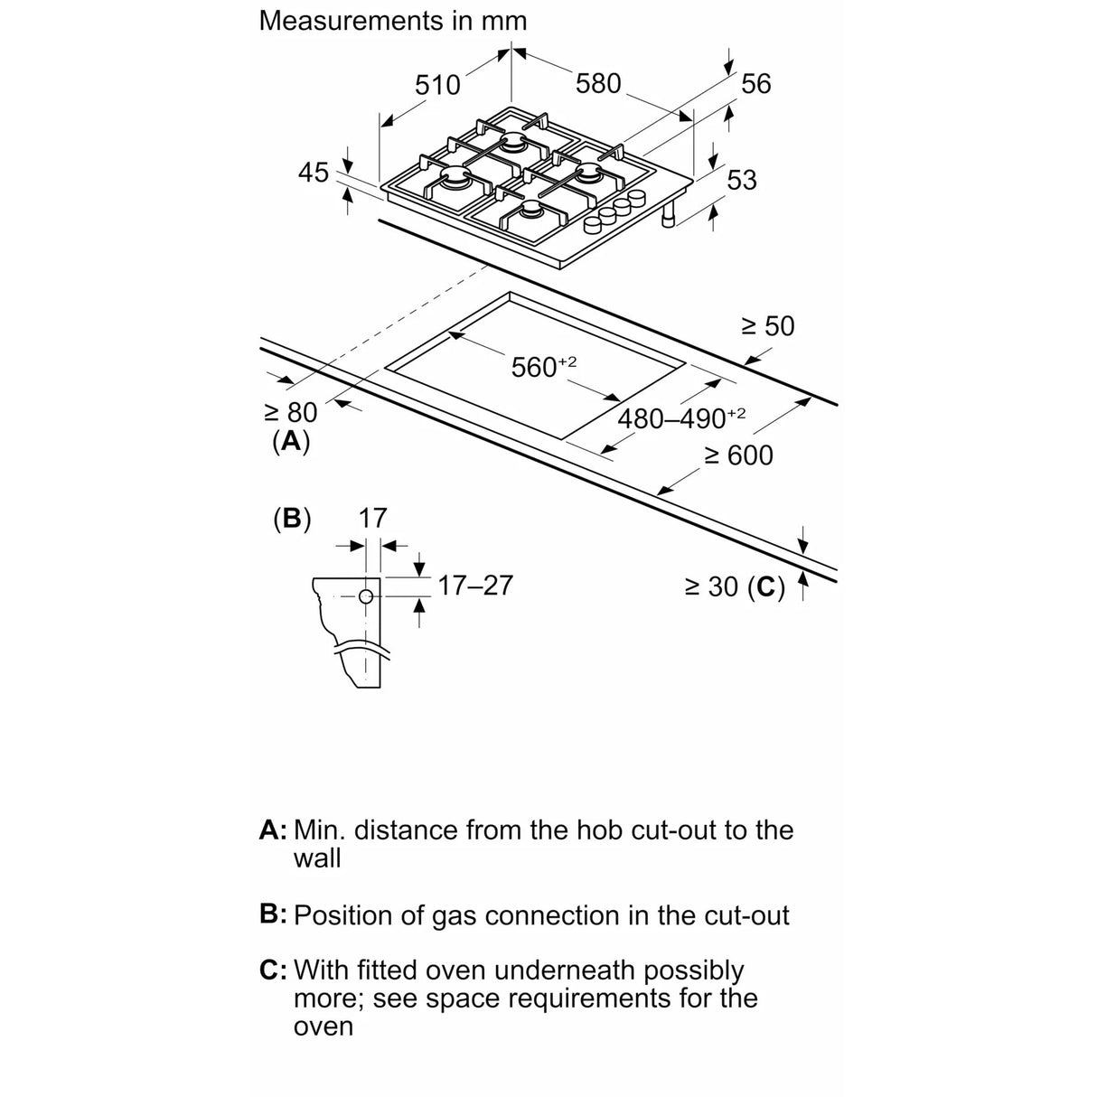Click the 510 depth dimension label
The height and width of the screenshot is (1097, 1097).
click(437, 85)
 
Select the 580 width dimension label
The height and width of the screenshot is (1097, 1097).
click(598, 83)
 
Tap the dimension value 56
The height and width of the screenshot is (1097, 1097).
click(755, 83)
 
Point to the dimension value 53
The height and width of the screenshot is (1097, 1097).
click(741, 180)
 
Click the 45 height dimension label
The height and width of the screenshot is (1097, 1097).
click(314, 172)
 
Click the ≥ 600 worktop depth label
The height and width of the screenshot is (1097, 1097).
click(738, 455)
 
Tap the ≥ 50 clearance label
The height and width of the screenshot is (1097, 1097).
click(767, 325)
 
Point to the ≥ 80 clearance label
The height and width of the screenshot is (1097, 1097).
click(290, 412)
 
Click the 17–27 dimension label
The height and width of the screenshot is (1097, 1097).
click(474, 586)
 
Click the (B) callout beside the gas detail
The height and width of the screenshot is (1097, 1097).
click(291, 519)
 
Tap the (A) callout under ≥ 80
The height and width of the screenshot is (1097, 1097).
click(290, 441)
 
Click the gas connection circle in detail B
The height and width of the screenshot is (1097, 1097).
click(366, 596)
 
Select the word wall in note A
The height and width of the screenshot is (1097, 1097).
click(316, 858)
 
